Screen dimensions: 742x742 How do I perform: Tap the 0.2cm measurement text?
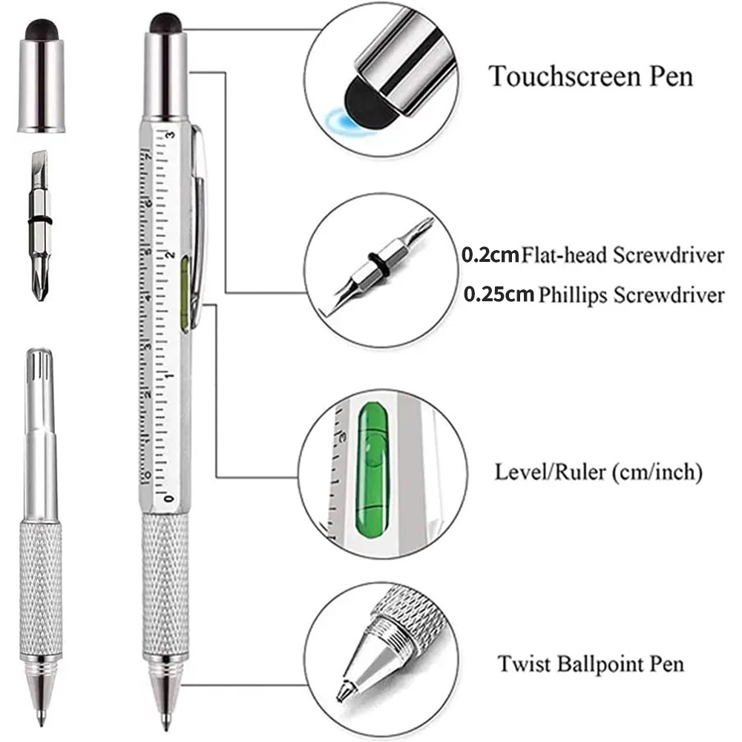point(490,256)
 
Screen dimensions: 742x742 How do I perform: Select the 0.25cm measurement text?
point(499,295)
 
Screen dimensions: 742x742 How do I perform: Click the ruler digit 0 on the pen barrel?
point(170,496)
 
